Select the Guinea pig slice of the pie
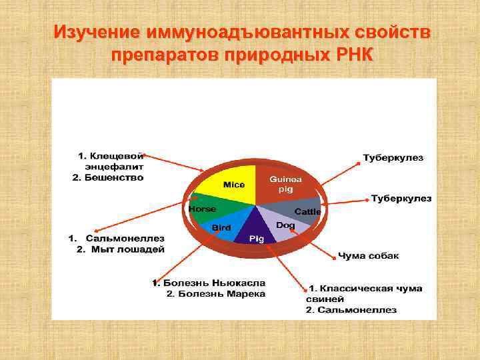tap(285, 184)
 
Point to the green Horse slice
tap(203, 209)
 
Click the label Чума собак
tap(369, 256)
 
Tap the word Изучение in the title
tap(97, 33)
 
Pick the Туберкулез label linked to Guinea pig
tap(392, 158)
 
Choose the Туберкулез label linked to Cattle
tap(401, 199)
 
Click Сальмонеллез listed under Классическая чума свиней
tap(357, 310)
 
